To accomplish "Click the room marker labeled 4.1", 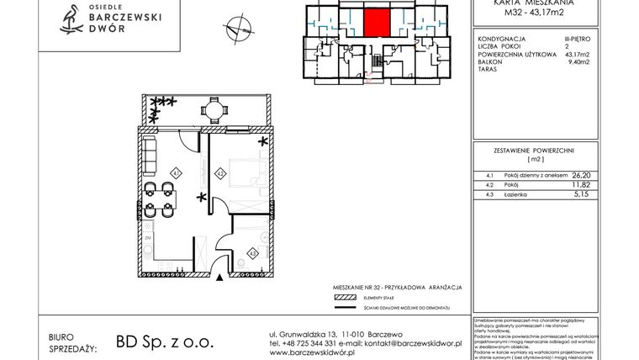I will coord(176,173).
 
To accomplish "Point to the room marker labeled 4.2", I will coord(219,174).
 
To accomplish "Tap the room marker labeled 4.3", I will coord(251,251).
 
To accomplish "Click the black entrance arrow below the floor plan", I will coord(221,277).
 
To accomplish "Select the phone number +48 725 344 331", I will coord(311,343).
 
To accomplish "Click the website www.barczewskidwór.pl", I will coord(320,353).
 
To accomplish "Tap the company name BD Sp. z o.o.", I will coord(159,343).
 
